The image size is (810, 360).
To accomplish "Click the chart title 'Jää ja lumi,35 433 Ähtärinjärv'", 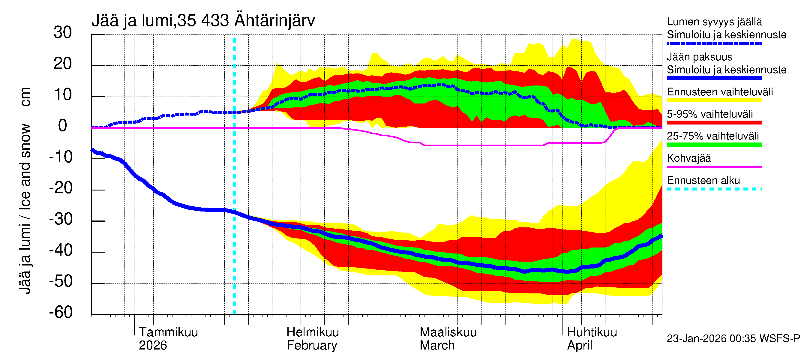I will pos(203,21).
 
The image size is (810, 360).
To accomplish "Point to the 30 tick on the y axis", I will pos(63,33).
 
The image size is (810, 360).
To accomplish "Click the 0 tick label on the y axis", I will pos(63,126).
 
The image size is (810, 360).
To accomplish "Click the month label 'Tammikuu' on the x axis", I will pos(168,332).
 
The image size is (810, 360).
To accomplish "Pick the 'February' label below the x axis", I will pos(312,346).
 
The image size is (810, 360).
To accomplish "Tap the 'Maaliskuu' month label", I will pos(448,332).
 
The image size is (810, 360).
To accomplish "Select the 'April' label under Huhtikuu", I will pos(579,346).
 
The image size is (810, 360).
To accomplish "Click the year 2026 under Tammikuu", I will pos(153,346).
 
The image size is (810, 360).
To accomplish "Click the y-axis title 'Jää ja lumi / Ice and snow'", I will pos(25,209).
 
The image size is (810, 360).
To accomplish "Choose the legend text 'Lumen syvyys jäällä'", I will pos(714,22).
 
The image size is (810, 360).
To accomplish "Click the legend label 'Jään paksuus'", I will pos(699,57).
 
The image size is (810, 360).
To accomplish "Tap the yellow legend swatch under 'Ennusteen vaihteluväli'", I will pos(714,100).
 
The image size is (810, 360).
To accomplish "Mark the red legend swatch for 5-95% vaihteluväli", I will pos(714,123).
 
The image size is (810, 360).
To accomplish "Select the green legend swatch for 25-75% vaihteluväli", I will pos(714,145).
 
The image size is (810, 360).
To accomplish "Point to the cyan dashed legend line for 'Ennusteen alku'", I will pos(714,189).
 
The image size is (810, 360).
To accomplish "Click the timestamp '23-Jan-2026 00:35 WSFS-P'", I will pos(733,339).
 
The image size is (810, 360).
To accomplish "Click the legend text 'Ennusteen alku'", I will pos(703,181).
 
